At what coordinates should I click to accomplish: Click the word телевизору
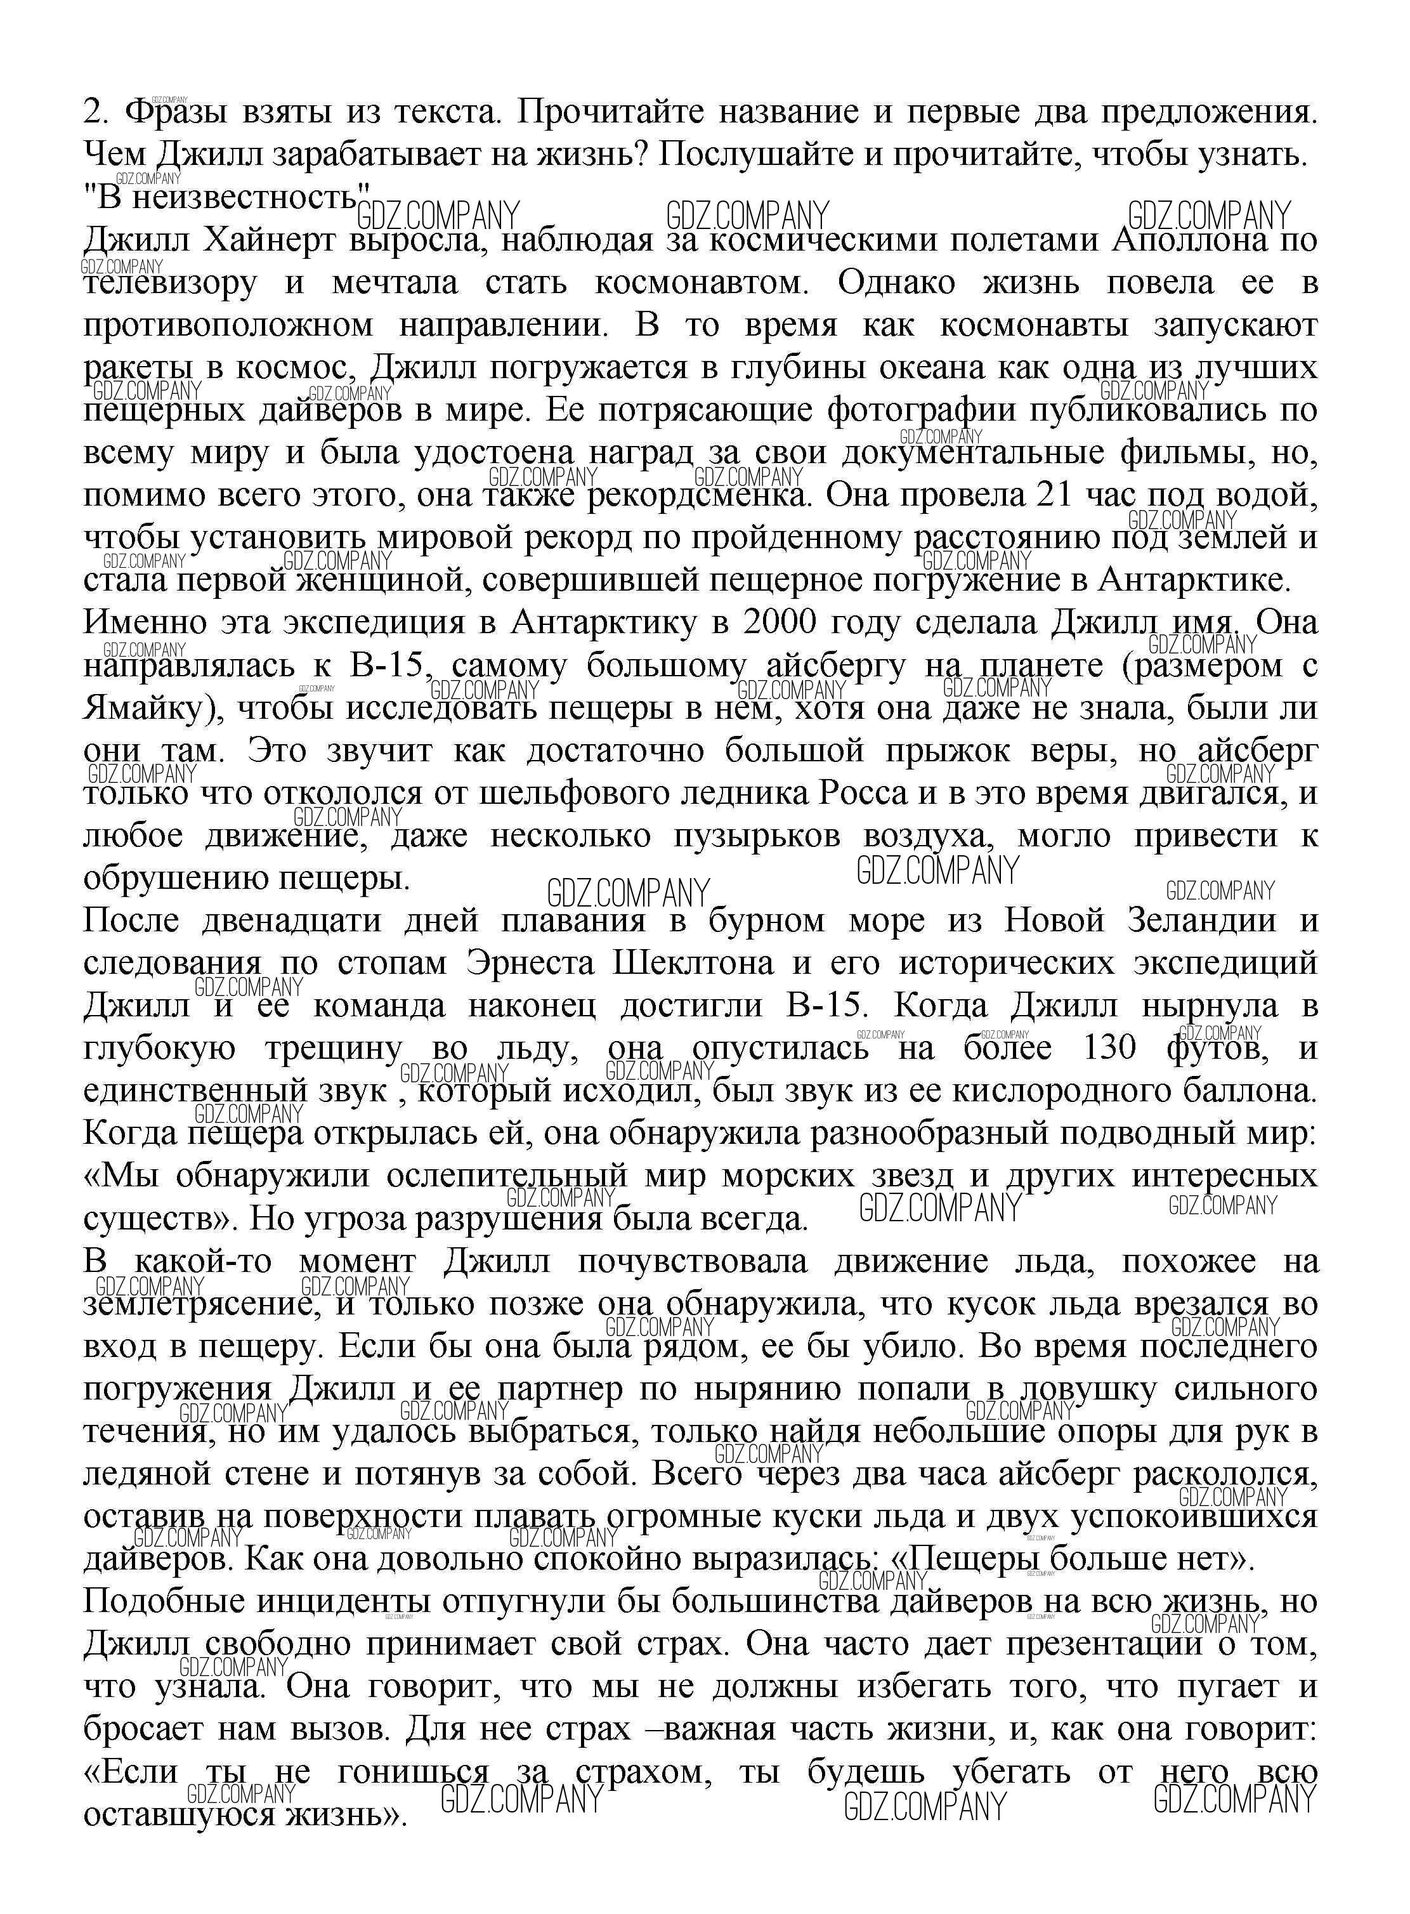170,282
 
